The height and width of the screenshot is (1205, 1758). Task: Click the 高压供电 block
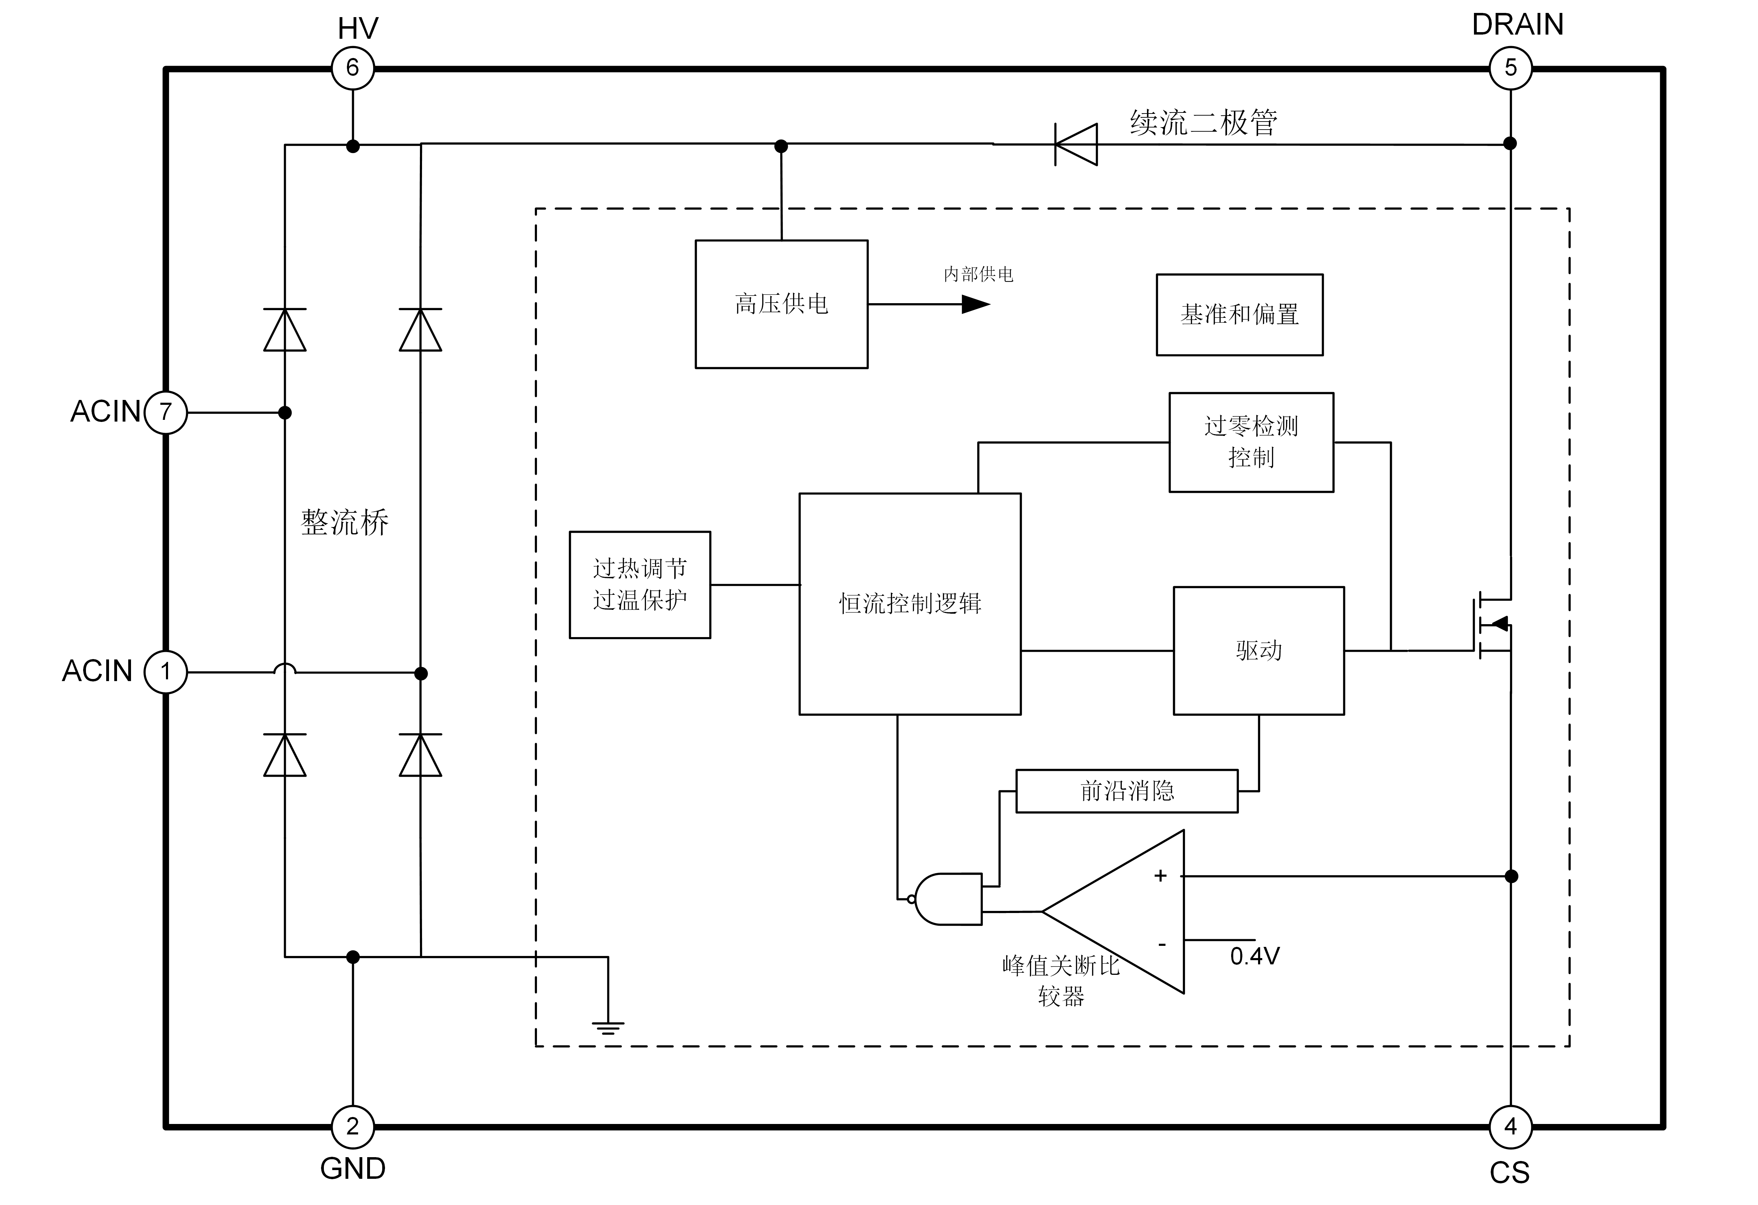782,304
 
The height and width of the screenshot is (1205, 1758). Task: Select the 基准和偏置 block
1239,315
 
